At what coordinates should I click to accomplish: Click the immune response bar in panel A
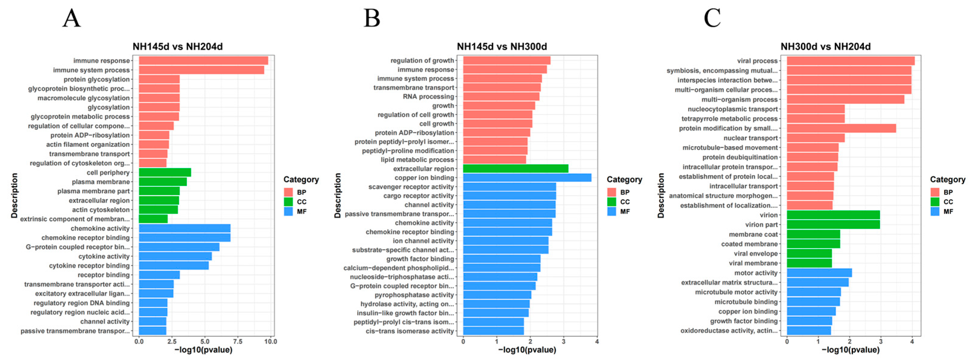pyautogui.click(x=203, y=60)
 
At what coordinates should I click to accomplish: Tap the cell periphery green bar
pyautogui.click(x=164, y=172)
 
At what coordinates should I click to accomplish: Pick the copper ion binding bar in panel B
pyautogui.click(x=527, y=178)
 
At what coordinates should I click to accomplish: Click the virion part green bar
pyautogui.click(x=833, y=225)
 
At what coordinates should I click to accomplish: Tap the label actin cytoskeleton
pyautogui.click(x=101, y=210)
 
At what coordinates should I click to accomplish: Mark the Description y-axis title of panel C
pyautogui.click(x=660, y=195)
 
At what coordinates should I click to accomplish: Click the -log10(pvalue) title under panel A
pyautogui.click(x=203, y=350)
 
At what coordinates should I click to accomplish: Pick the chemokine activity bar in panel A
pyautogui.click(x=184, y=228)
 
